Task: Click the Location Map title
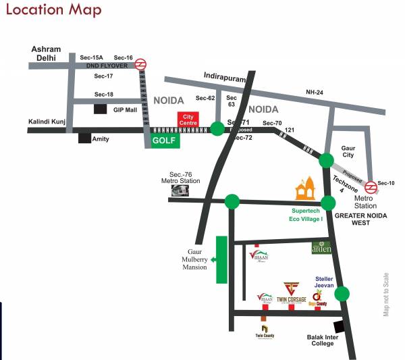[53, 10]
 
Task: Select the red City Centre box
[190, 120]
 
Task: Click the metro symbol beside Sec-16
[140, 65]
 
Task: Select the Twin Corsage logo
[292, 292]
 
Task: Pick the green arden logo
[321, 248]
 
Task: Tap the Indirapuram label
[226, 78]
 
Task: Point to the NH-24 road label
[315, 92]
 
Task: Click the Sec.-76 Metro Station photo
[180, 192]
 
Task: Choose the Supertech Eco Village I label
[303, 215]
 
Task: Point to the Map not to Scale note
[386, 294]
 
